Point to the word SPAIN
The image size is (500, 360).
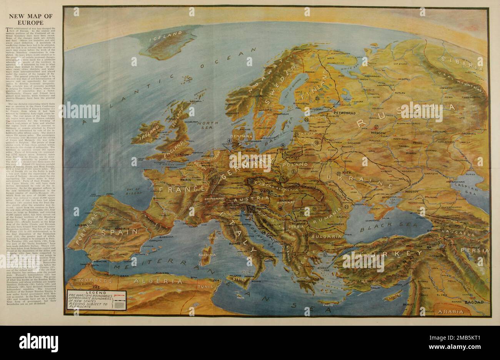tap(125, 232)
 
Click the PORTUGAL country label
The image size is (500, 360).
tap(85, 236)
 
